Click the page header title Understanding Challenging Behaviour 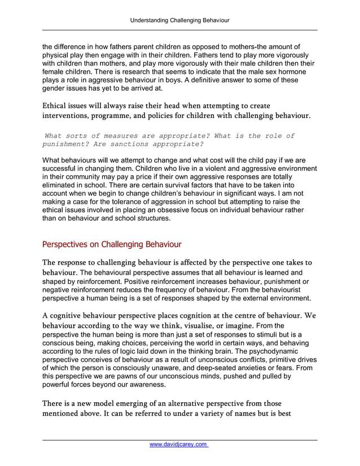click(180, 20)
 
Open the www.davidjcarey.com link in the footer click(179, 445)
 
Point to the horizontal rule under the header click(180, 30)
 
